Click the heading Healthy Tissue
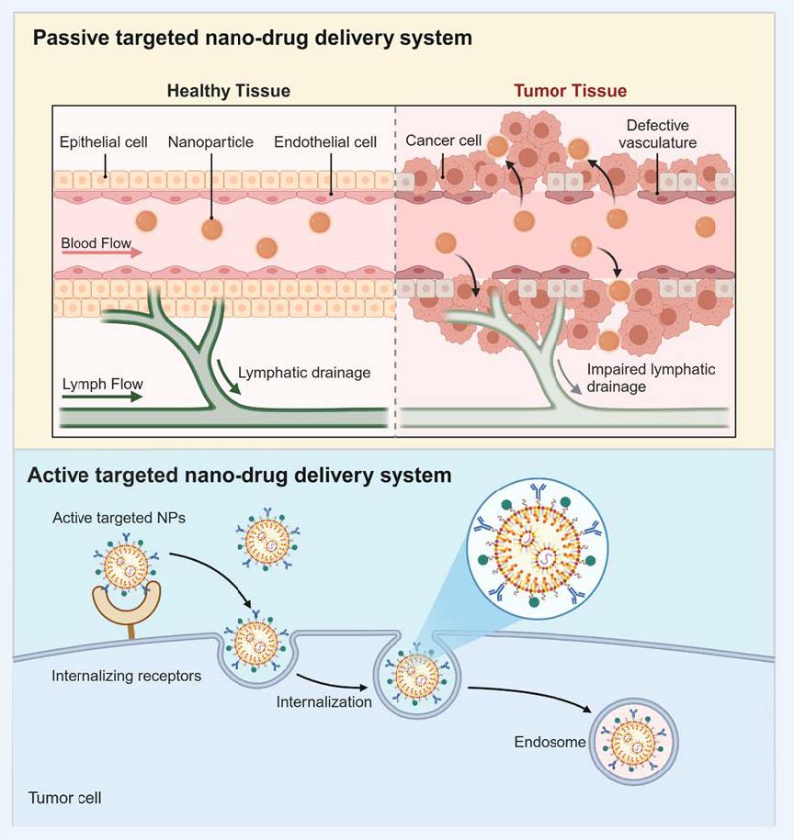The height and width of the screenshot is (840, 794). click(x=228, y=91)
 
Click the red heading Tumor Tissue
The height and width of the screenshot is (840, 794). click(x=570, y=91)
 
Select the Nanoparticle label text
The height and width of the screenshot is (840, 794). click(x=210, y=142)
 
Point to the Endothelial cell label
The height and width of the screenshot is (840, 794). click(x=325, y=142)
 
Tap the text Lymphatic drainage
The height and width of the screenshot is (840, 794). click(x=304, y=373)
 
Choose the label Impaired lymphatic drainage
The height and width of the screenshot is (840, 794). click(x=652, y=377)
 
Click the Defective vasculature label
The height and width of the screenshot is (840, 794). click(x=658, y=133)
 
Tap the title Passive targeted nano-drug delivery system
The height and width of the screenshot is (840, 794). click(x=252, y=39)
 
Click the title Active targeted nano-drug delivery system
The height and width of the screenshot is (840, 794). click(x=240, y=476)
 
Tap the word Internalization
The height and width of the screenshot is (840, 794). click(x=323, y=702)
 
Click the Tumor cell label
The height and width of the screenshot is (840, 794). click(x=64, y=797)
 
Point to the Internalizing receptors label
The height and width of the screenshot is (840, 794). click(x=127, y=677)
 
